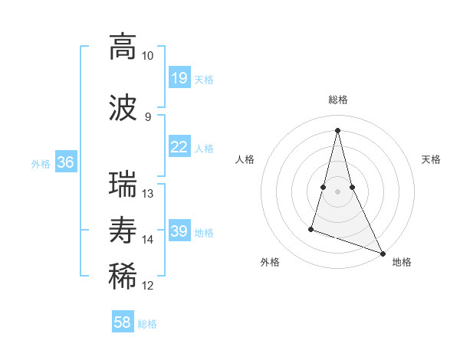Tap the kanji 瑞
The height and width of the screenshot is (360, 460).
[123, 184]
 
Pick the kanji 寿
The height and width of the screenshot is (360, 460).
[123, 230]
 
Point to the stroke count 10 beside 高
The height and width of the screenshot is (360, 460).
[148, 56]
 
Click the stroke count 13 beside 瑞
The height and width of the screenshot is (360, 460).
[148, 194]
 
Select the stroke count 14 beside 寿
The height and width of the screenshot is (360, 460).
[148, 240]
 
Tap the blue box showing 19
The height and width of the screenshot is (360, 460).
[179, 78]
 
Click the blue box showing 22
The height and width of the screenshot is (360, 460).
[179, 147]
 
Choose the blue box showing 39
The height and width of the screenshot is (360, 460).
[179, 231]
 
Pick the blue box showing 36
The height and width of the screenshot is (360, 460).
[66, 162]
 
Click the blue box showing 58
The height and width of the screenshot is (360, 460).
[123, 322]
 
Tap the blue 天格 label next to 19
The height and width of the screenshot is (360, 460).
[204, 79]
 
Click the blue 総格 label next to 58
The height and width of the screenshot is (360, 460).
[147, 323]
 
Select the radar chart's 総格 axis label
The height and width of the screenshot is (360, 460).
[337, 100]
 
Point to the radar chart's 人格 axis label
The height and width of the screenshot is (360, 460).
[245, 159]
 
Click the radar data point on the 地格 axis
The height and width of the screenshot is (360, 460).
[382, 252]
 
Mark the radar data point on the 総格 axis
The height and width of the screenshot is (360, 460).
[337, 129]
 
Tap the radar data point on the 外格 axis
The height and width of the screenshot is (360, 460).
[311, 228]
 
